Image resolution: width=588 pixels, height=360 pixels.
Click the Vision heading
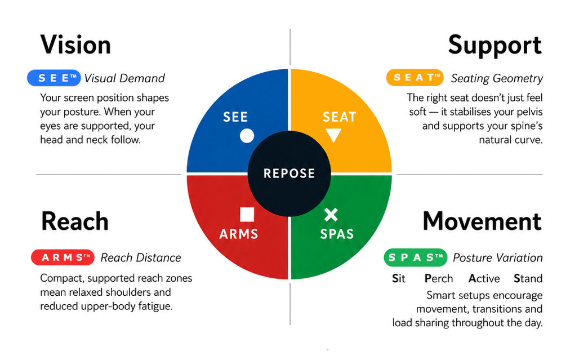tap(75, 45)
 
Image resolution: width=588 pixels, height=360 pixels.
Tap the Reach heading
tap(75, 221)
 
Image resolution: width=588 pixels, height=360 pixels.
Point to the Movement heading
tap(482, 221)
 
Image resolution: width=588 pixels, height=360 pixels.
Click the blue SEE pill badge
tap(54, 78)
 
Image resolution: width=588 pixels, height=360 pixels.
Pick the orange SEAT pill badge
tap(415, 78)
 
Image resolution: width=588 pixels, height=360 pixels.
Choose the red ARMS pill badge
tap(63, 257)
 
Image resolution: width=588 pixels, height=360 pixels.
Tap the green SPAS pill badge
tap(416, 257)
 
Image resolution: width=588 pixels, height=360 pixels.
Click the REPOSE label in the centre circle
tap(289, 174)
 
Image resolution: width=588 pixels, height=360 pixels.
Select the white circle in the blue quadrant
tap(247, 136)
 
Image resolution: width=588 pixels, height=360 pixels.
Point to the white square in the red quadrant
tap(247, 215)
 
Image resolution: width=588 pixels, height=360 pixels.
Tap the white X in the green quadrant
tap(331, 215)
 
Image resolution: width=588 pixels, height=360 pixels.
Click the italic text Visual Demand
tap(124, 78)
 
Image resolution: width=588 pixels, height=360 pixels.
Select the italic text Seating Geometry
tap(497, 78)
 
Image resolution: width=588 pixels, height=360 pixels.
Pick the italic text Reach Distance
tap(141, 257)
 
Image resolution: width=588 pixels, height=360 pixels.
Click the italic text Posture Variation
tap(498, 257)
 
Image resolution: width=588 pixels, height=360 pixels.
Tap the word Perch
tap(439, 279)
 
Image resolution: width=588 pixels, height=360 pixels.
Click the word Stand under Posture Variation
tap(528, 279)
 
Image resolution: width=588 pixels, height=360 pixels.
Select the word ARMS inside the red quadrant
tap(239, 234)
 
